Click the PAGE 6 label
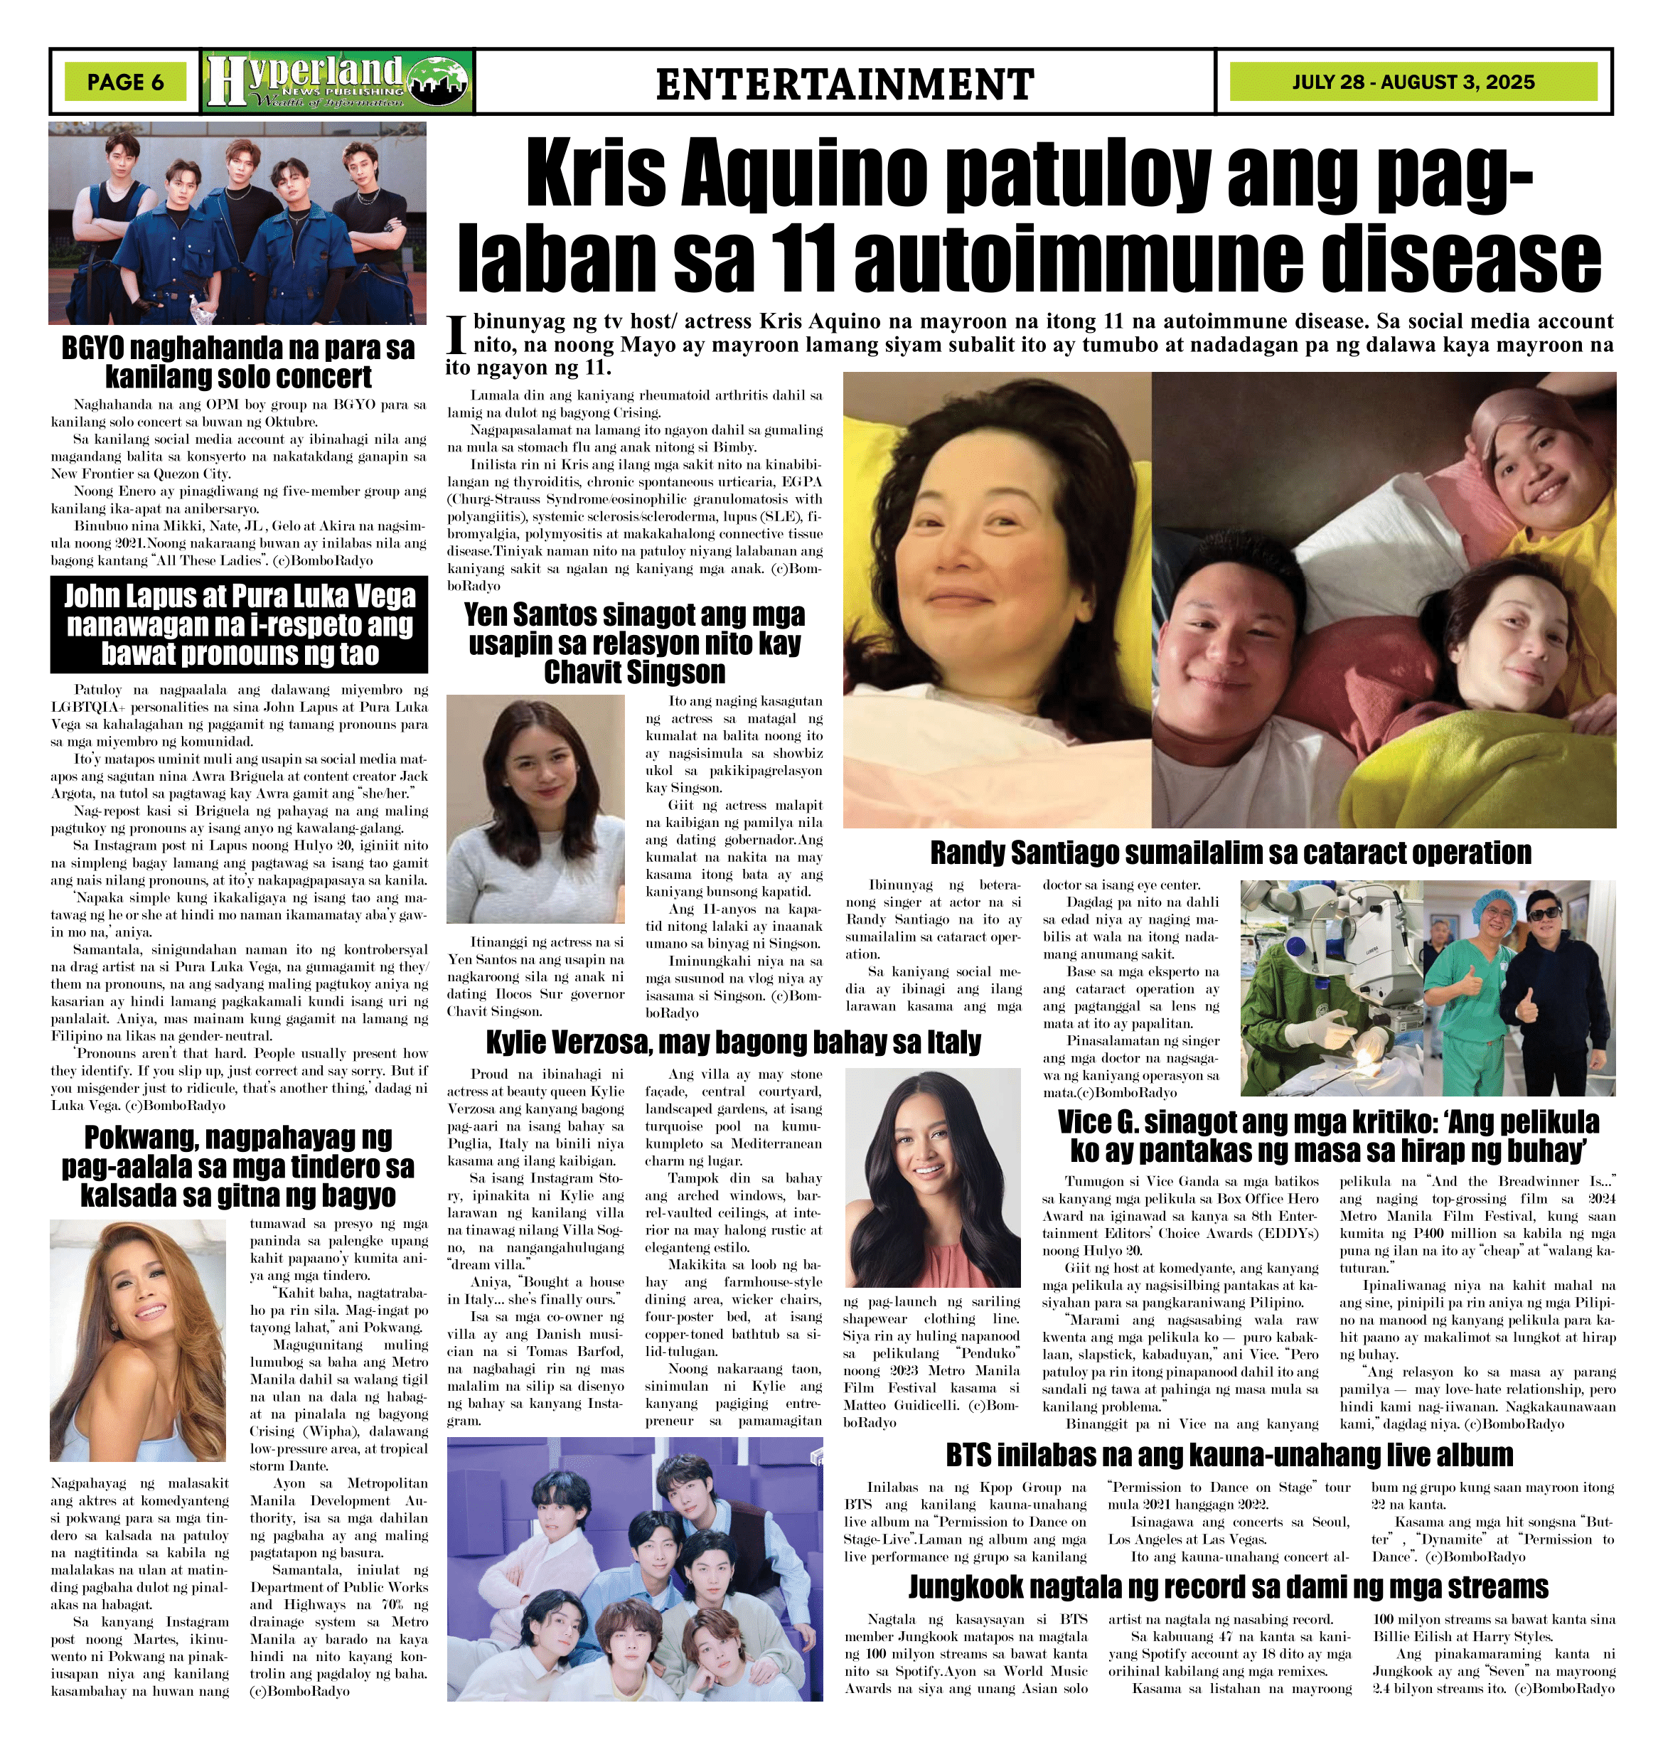[126, 82]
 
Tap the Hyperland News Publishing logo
[338, 82]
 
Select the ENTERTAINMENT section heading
[845, 84]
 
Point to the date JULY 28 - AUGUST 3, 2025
[1413, 82]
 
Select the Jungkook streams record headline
[1229, 1586]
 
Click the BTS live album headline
[1229, 1455]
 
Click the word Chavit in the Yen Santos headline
[590, 672]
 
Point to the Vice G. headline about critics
[1328, 1136]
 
